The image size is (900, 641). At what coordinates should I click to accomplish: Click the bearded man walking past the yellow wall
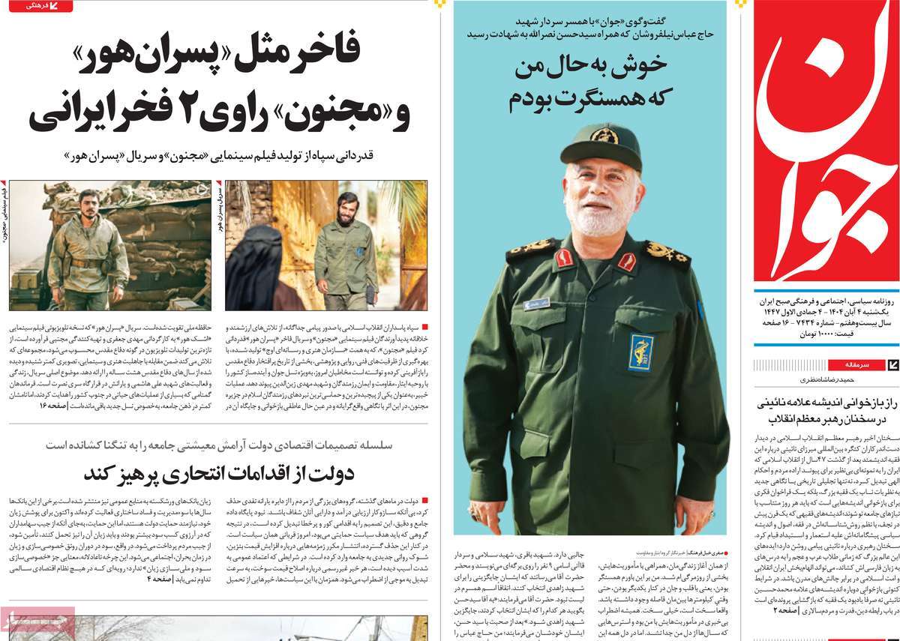click(344, 247)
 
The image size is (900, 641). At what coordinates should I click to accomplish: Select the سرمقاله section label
click(855, 364)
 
